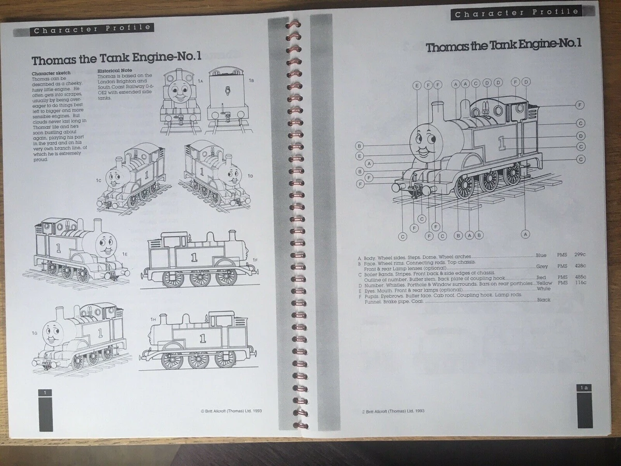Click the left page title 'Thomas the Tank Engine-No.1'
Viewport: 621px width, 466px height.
[x=116, y=58]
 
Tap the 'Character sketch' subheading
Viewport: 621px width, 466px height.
[x=51, y=74]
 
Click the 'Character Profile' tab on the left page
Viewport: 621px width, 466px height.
[x=92, y=30]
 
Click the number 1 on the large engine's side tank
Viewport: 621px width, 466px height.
[x=501, y=143]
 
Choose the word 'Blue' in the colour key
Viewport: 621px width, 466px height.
[x=541, y=255]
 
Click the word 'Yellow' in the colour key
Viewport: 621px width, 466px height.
[x=543, y=283]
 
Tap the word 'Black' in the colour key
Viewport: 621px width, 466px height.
[x=544, y=300]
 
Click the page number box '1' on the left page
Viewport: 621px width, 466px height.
[x=46, y=394]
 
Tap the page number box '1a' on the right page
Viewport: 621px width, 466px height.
[x=584, y=387]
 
